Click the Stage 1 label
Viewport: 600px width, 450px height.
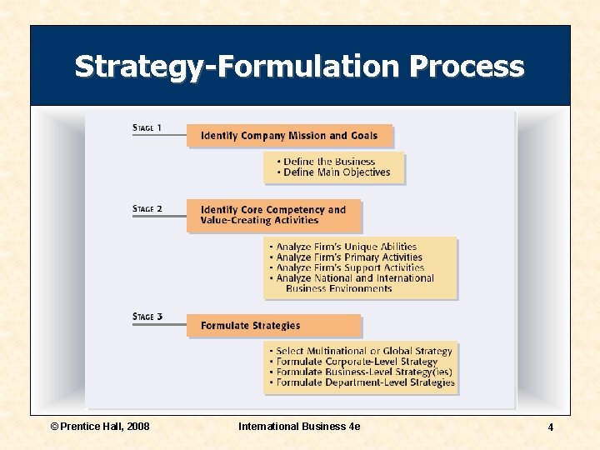coord(147,128)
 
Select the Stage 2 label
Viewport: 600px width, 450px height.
coord(147,208)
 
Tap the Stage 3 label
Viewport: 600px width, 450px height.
coord(147,317)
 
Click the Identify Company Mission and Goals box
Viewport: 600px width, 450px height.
coord(289,136)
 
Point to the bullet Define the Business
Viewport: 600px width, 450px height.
coord(329,162)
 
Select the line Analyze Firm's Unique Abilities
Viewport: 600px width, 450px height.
coord(347,247)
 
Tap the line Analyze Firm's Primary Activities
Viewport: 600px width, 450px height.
coord(349,257)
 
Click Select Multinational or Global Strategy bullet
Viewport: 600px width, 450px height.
coord(364,352)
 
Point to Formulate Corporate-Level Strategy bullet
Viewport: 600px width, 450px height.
coord(357,362)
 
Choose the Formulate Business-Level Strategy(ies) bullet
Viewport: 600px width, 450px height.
coord(364,372)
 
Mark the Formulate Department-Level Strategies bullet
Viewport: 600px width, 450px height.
coord(366,382)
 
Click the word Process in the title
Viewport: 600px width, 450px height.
coord(467,66)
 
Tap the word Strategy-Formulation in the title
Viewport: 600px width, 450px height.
coord(237,66)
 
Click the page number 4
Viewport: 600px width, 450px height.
coord(550,427)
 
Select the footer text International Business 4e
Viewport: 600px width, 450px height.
coord(299,426)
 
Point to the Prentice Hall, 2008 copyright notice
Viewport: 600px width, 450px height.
coord(100,426)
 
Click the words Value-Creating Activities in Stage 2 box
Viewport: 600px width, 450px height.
coord(259,221)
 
